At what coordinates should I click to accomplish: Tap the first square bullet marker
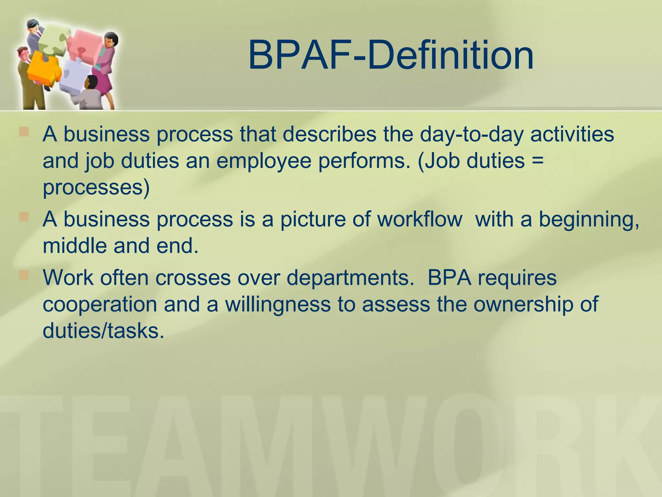(24, 132)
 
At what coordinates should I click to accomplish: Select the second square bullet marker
(24, 216)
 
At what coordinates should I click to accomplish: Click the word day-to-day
(471, 135)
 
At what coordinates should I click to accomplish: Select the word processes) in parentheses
(96, 188)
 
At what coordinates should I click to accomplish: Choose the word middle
(75, 246)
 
